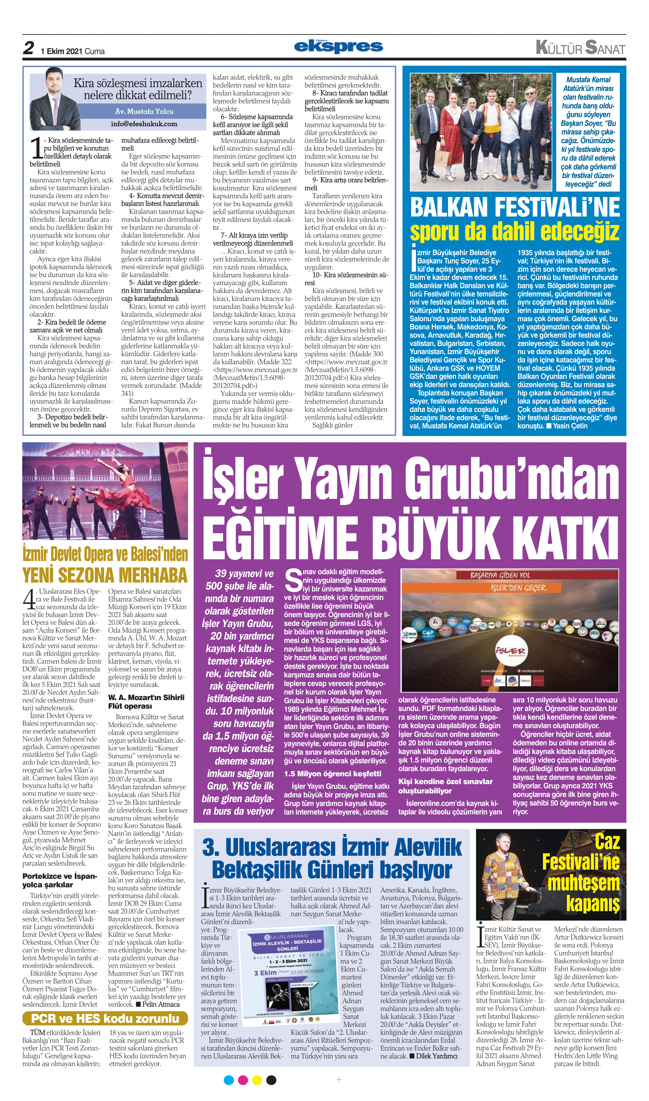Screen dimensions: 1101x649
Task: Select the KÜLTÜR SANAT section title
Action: (580, 48)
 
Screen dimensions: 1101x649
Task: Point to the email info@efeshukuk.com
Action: (144, 124)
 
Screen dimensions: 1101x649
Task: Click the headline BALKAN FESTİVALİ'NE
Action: (515, 207)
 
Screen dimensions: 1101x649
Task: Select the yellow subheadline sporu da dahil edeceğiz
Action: (515, 232)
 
